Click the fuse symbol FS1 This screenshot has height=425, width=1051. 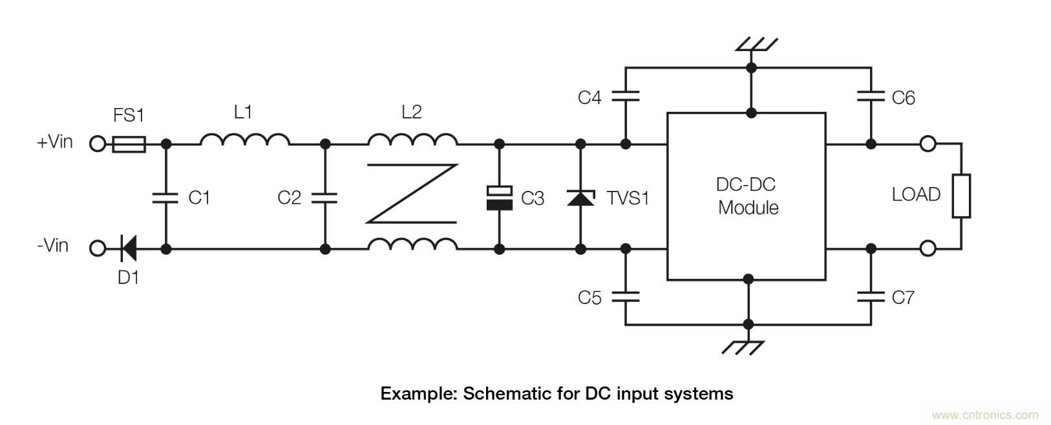point(129,144)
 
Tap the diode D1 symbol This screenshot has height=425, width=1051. point(128,247)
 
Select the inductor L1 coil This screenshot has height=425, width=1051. point(245,140)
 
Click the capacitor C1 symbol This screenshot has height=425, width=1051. point(165,197)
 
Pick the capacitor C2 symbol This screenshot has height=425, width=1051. point(325,197)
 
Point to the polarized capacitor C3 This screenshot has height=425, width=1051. point(499,197)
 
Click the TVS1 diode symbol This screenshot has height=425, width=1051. point(580,197)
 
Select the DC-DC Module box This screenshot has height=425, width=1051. point(747,196)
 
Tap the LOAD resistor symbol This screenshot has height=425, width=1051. point(961,195)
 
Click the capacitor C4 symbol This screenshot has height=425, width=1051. point(625,96)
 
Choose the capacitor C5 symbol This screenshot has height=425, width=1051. point(625,297)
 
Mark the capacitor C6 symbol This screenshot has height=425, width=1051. point(871,96)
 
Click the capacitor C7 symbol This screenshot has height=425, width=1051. point(871,297)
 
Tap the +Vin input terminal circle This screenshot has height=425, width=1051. point(98,144)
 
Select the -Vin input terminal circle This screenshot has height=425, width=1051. point(98,247)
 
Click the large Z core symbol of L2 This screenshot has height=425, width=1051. point(412,193)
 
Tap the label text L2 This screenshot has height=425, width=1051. point(411,112)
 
